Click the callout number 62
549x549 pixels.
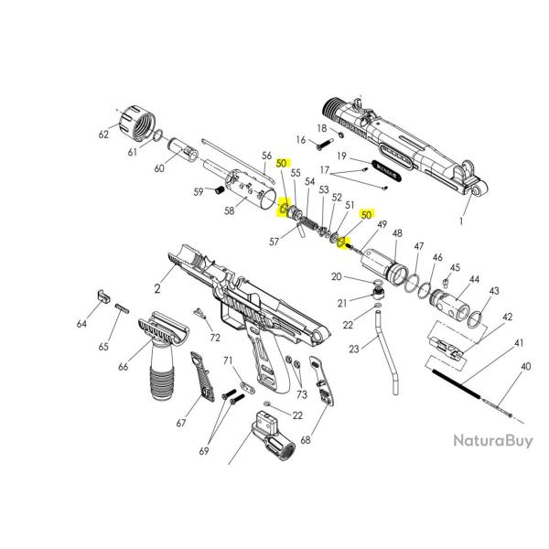point(103,135)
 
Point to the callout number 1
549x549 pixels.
point(487,221)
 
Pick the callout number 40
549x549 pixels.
point(524,366)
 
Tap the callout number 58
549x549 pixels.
point(229,211)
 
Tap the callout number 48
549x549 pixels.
point(396,233)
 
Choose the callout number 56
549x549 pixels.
point(267,155)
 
